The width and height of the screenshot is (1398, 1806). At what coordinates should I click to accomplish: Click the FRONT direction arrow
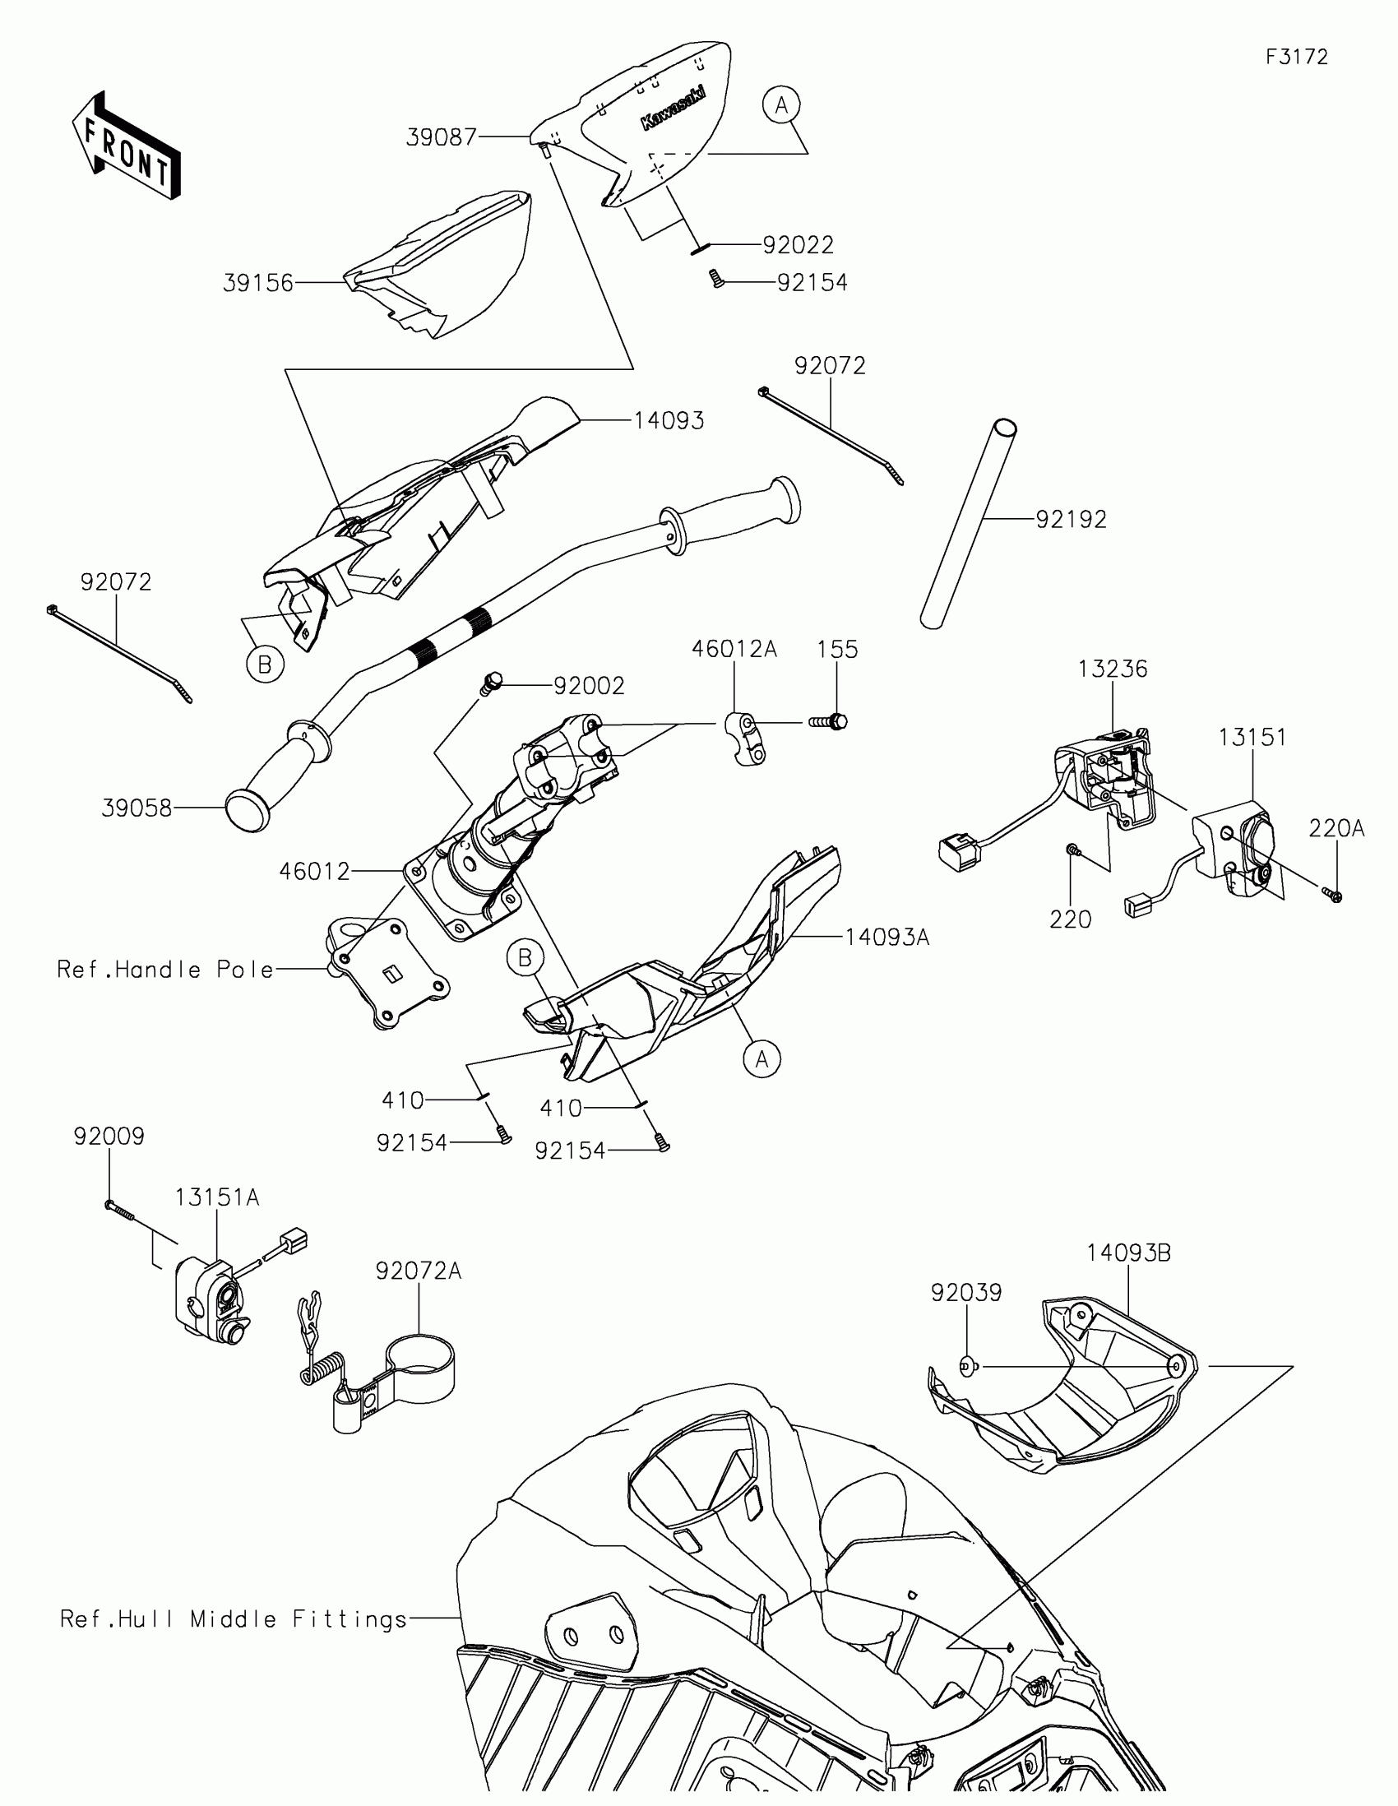(126, 146)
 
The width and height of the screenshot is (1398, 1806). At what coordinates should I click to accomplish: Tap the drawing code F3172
(1296, 57)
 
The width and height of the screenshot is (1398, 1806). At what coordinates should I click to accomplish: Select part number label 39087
(442, 137)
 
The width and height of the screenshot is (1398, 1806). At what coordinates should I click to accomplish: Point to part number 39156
(258, 284)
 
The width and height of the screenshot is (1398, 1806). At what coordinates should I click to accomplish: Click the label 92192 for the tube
(1071, 519)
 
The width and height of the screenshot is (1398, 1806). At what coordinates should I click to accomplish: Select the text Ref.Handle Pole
(165, 969)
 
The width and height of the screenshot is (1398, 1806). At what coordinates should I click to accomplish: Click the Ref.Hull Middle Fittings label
(234, 1619)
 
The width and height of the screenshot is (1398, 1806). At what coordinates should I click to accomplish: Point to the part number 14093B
(1128, 1253)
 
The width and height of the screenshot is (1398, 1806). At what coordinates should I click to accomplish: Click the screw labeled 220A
(1332, 894)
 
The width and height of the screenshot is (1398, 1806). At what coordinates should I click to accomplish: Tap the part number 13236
(1112, 669)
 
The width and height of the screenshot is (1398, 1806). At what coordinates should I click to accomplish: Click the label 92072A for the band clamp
(419, 1271)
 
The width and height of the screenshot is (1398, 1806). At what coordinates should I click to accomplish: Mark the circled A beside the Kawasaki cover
(781, 106)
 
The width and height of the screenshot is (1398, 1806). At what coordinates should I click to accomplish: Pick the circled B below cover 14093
(265, 665)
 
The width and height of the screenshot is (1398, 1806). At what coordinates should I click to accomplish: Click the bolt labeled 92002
(491, 683)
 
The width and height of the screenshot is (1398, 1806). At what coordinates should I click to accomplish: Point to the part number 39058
(137, 808)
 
